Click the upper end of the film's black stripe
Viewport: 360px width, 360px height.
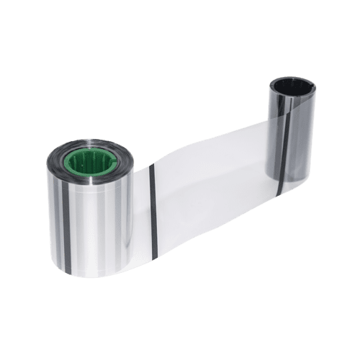click(153, 166)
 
